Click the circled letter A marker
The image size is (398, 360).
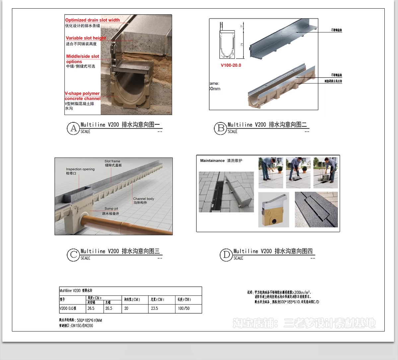(73, 128)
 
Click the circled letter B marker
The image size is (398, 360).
(220, 128)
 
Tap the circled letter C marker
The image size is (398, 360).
(73, 255)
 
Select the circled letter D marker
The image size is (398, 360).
(226, 255)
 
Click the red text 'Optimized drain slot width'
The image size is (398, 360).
(92, 20)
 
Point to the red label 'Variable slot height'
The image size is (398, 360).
(86, 38)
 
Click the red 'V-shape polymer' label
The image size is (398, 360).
(82, 93)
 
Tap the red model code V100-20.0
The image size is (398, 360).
(231, 65)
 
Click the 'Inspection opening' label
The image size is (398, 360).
(80, 169)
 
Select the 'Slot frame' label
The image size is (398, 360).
(112, 161)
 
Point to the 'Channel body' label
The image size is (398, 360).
(143, 199)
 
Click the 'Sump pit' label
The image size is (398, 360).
(111, 209)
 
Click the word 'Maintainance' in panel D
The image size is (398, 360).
(212, 160)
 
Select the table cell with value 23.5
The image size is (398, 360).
(155, 308)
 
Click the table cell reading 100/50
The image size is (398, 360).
(184, 308)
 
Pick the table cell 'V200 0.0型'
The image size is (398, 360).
(68, 308)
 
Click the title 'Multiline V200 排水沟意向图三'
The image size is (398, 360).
(120, 251)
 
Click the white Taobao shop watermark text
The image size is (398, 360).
(304, 323)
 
